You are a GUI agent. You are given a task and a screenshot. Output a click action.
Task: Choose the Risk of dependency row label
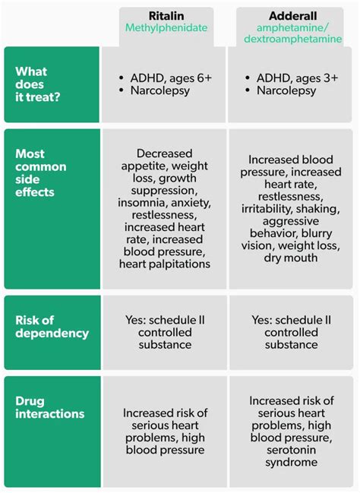point(52,327)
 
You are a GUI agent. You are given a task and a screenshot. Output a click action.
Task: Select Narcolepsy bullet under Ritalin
point(160,91)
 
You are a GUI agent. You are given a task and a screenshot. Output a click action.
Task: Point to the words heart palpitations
point(165,264)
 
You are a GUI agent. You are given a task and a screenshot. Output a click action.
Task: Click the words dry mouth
point(291,258)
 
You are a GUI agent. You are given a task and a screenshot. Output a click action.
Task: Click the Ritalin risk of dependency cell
point(165,332)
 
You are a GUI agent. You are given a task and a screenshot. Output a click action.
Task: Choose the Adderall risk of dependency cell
point(291,332)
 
